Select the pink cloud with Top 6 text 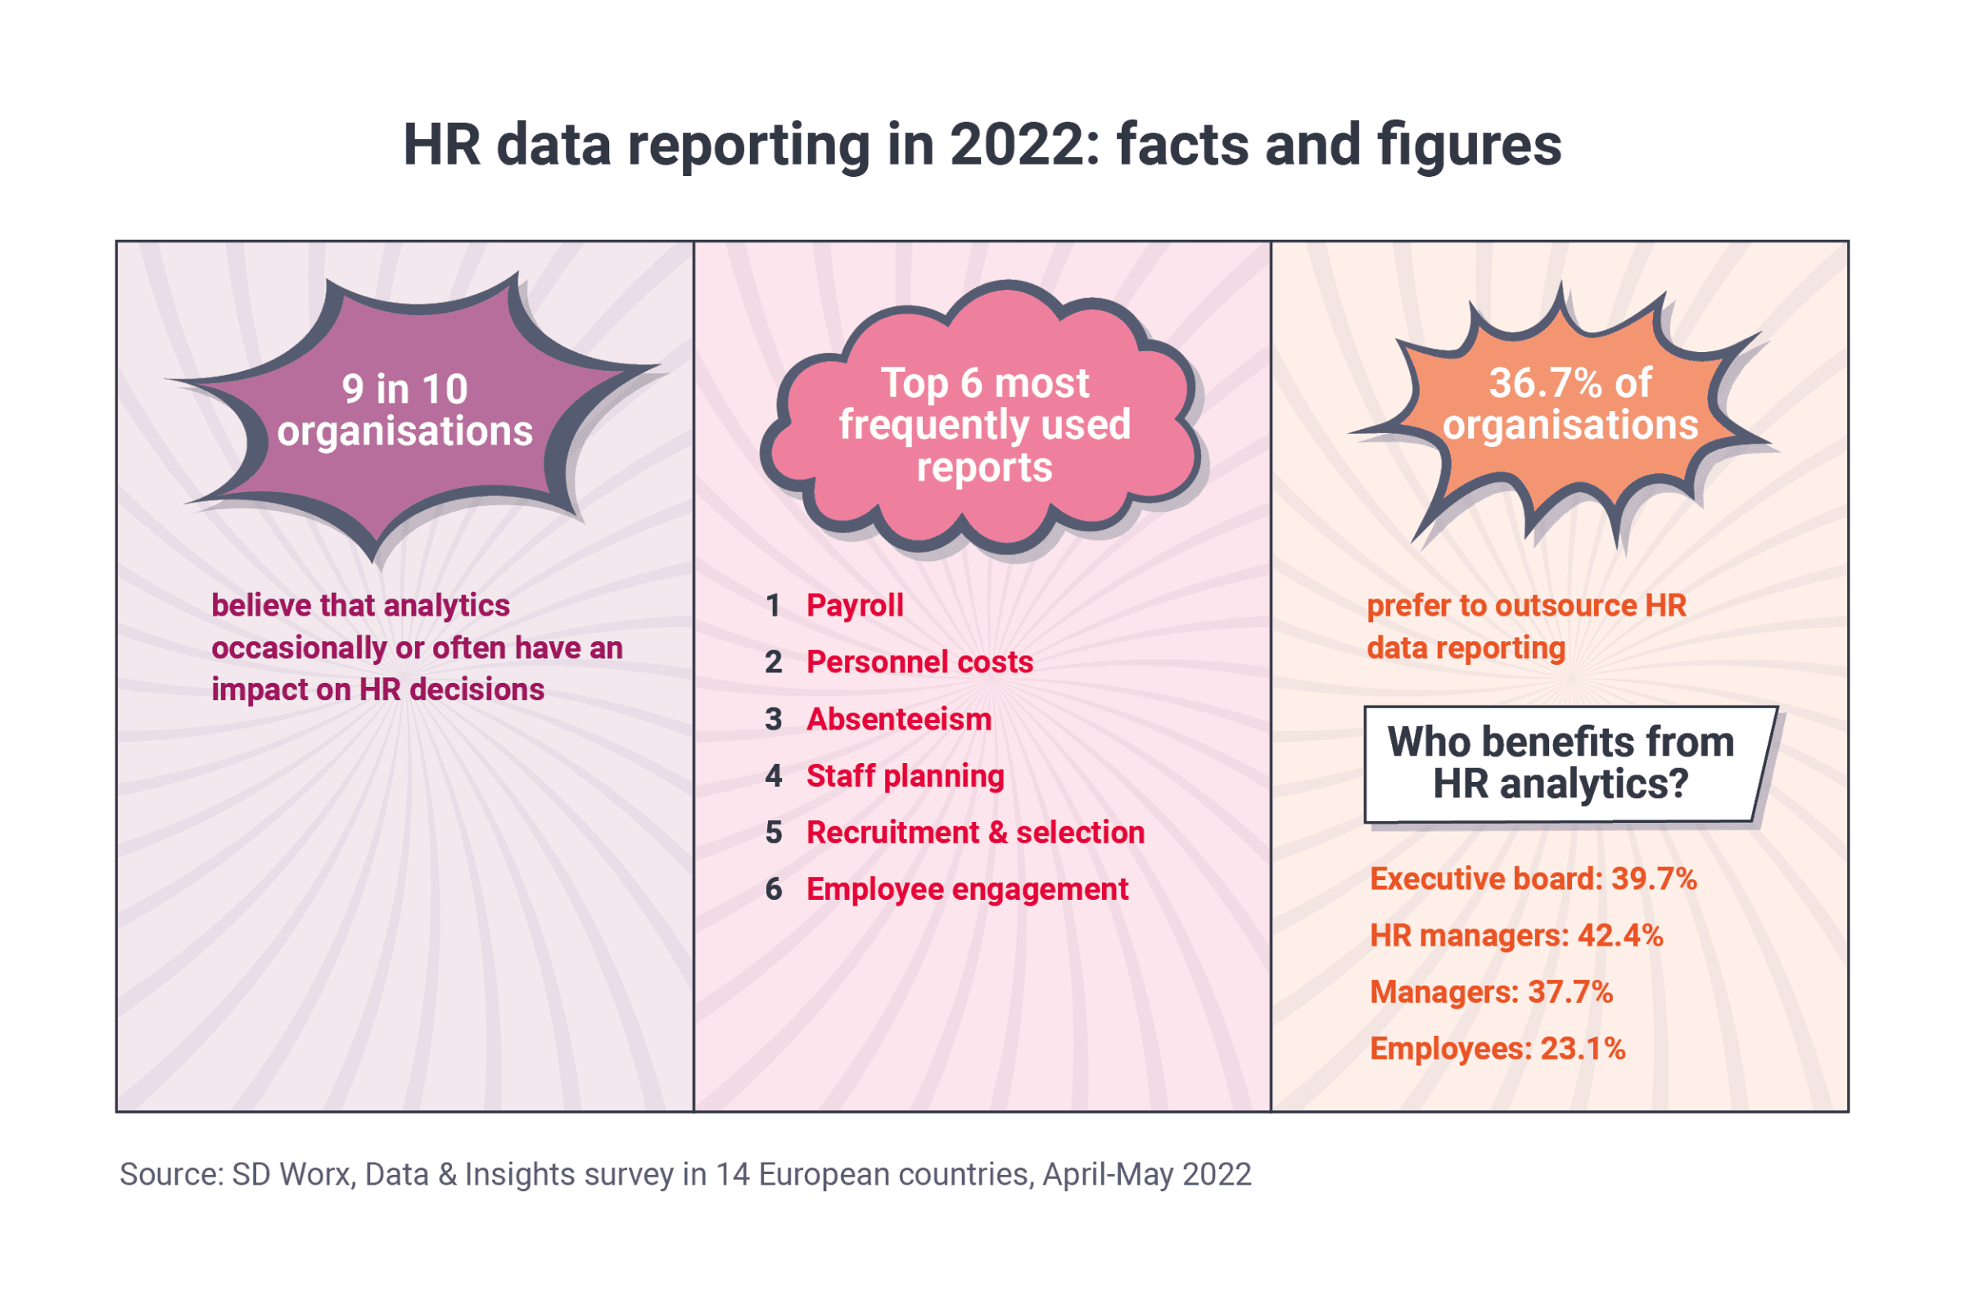984,423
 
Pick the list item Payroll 855,606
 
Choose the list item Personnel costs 919,662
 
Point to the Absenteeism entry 898,720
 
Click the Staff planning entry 905,776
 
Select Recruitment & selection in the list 975,833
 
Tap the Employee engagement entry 967,890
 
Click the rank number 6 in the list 774,890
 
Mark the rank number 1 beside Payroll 774,606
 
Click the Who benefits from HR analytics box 1561,764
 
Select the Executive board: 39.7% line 1533,879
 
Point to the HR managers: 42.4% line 1516,936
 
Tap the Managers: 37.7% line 1491,992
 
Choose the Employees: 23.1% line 1497,1050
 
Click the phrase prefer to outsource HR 1525,606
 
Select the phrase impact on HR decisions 377,690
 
